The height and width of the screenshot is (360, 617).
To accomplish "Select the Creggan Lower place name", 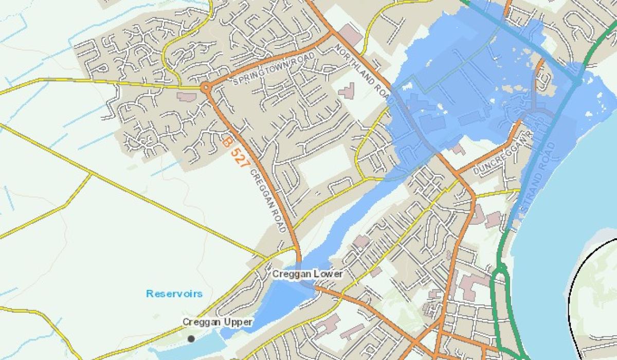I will point(307,274).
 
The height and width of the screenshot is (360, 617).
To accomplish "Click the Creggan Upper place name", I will point(217,322).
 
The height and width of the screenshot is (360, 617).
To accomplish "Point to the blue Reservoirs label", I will point(174,294).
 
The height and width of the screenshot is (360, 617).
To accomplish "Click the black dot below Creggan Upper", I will point(191,338).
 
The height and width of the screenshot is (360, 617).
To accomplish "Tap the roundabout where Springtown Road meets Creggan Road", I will point(206,88).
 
